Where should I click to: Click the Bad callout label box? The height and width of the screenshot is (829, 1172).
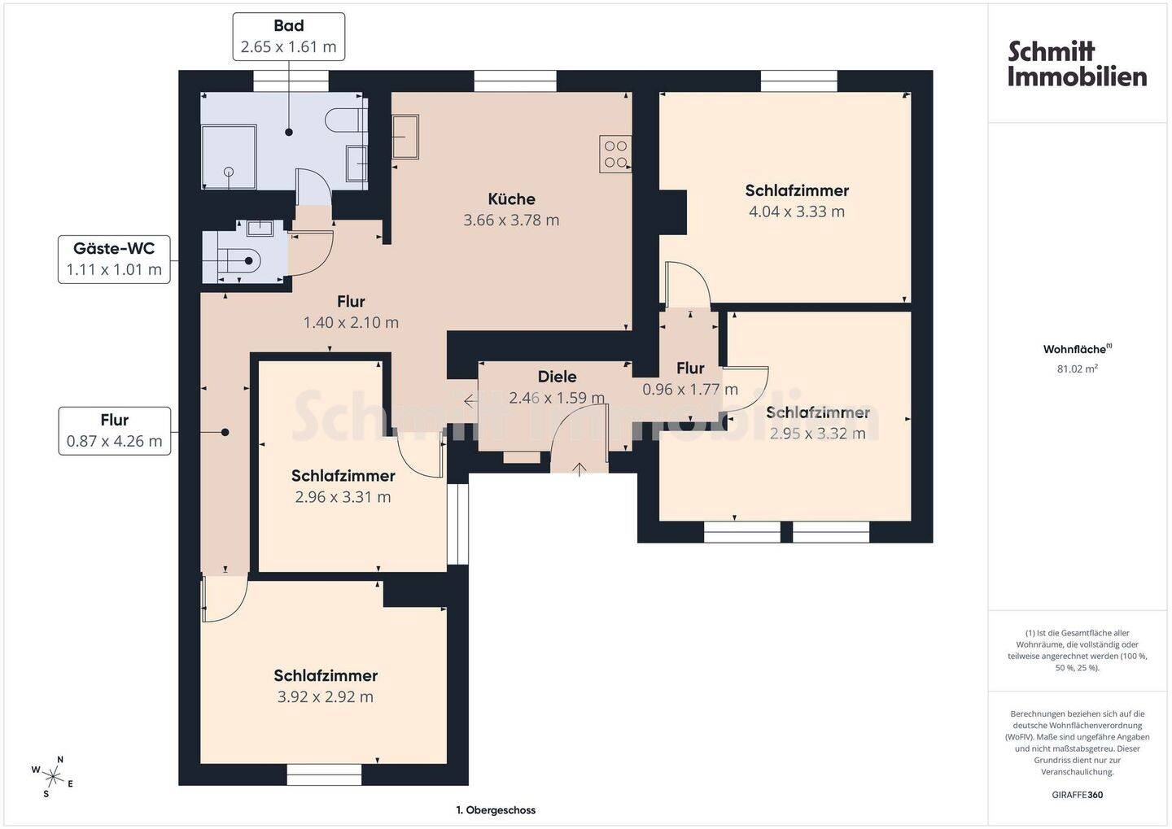(288, 37)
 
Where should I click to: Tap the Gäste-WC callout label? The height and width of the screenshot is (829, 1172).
(114, 260)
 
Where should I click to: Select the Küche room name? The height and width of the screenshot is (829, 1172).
(511, 199)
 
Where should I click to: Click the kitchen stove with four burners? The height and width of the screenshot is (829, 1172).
(615, 154)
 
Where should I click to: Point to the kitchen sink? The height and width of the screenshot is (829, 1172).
(405, 137)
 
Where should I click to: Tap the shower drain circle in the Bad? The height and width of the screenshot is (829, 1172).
(229, 172)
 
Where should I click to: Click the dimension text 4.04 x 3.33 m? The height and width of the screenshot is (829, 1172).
(796, 212)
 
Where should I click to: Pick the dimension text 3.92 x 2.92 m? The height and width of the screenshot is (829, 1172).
(325, 696)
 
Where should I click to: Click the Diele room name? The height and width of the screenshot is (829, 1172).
(558, 377)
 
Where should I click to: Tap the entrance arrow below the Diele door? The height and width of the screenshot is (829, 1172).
(579, 469)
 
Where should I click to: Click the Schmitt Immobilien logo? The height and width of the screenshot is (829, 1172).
(1077, 63)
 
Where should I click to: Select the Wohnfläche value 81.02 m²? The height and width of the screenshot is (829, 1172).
(1078, 369)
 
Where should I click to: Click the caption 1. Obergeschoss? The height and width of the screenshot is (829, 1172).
(496, 810)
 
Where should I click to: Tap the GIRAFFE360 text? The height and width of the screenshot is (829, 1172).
(1078, 795)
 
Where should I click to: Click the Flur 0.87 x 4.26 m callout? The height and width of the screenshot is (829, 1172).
(115, 431)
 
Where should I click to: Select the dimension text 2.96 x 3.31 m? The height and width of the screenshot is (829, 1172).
(343, 497)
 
